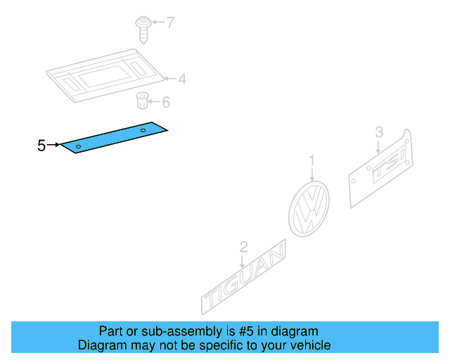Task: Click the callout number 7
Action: tap(169, 23)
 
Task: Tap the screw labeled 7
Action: tap(143, 28)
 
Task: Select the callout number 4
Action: tap(182, 79)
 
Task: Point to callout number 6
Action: tap(166, 103)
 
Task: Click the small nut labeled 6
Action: tap(142, 101)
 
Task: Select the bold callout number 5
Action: tap(41, 146)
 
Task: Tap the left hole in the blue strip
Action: tap(79, 146)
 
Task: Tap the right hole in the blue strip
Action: tap(143, 131)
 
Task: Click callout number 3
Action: tap(378, 131)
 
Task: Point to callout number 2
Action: tap(243, 247)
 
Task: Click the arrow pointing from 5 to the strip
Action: tap(54, 146)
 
